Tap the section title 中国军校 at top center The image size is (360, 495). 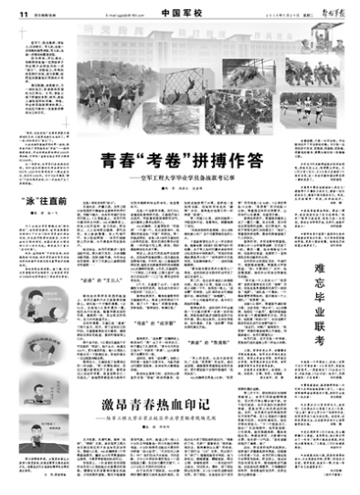pyautogui.click(x=178, y=6)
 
